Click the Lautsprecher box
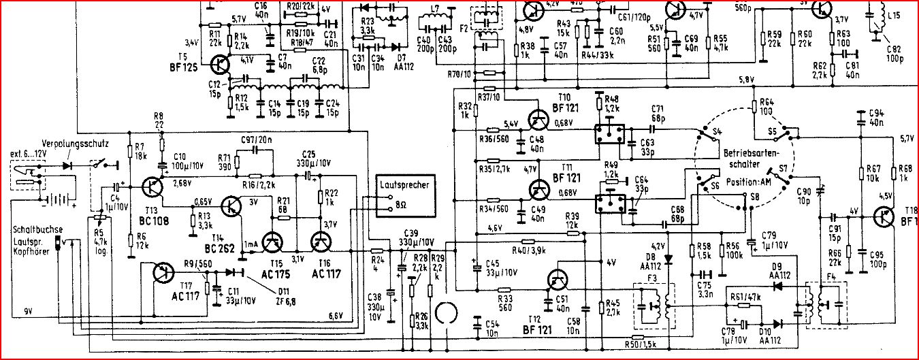(405, 195)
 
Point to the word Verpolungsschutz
(70, 144)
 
